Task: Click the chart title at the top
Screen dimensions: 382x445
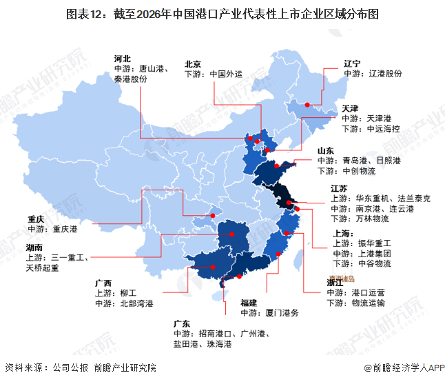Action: point(222,14)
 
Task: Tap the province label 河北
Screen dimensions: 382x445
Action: point(123,59)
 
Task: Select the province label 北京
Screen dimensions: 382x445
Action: point(193,63)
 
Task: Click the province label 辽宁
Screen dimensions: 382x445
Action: point(353,62)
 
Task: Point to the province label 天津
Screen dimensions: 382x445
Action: point(351,109)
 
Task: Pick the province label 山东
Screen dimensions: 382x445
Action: point(326,150)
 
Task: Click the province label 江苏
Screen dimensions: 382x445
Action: point(340,188)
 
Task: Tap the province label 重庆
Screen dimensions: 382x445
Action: point(36,219)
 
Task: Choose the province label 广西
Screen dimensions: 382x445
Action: point(103,283)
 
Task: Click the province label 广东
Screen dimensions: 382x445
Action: point(183,323)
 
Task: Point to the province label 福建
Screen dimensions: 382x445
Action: point(249,303)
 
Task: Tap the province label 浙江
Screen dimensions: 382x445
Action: point(335,282)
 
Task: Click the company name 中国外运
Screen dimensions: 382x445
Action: point(226,74)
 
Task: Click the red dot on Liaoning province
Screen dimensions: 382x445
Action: point(308,106)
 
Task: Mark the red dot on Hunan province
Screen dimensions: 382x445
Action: point(232,234)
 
